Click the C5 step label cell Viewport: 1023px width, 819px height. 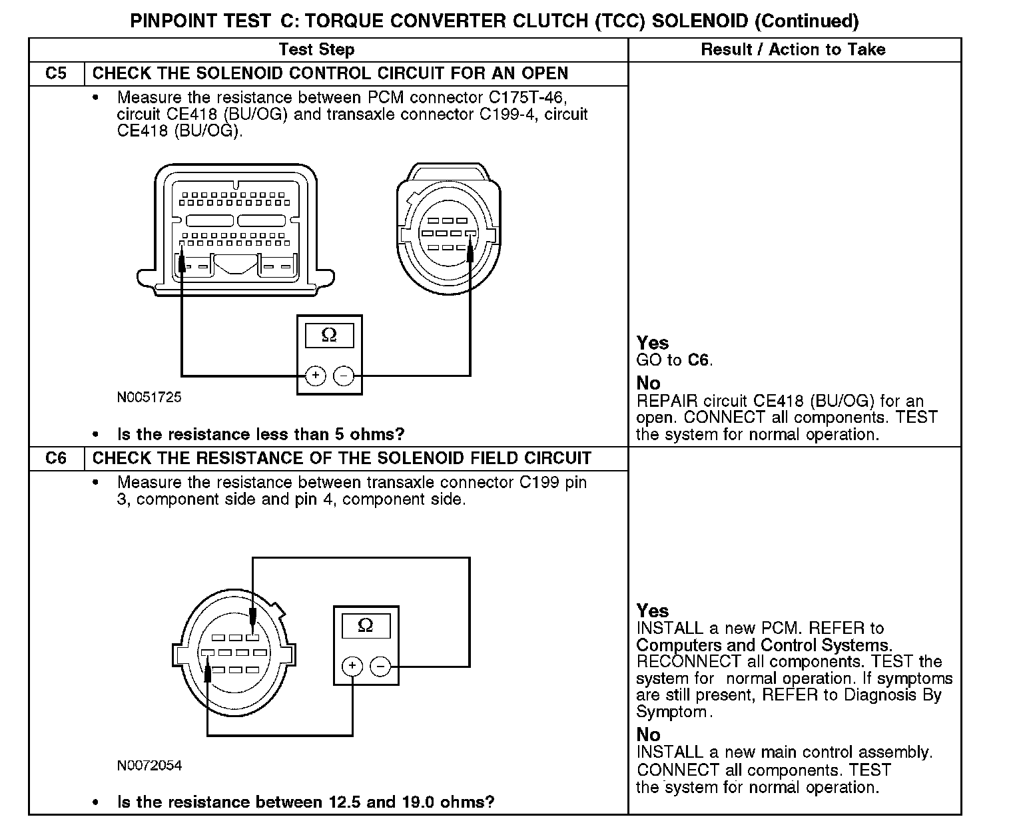[56, 73]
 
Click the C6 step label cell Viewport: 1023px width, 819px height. [56, 458]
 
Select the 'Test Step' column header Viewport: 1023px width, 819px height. [316, 49]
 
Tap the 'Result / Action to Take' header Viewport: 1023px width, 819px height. [793, 49]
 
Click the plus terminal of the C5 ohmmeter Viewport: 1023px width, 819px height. [315, 376]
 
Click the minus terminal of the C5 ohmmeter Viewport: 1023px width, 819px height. [344, 376]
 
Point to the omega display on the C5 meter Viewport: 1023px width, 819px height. [329, 336]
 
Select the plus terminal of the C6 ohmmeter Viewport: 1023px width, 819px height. [352, 666]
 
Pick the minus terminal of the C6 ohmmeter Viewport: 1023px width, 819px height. [380, 666]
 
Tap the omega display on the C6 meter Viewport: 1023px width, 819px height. [366, 626]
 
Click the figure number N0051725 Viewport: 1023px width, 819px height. [149, 398]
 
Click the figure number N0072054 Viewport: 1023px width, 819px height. [149, 766]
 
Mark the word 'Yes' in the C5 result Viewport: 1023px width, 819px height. [652, 343]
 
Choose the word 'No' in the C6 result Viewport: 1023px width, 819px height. [648, 735]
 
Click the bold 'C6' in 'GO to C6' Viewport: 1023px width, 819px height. [699, 361]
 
